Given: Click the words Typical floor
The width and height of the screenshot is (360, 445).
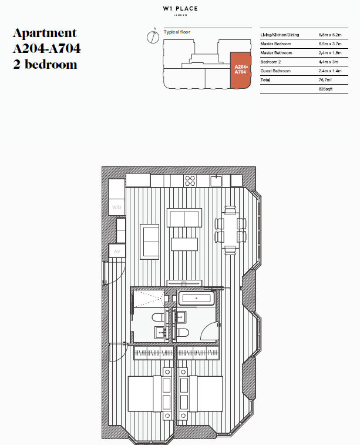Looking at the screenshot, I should (177, 31).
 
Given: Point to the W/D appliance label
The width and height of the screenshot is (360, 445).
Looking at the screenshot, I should (116, 208).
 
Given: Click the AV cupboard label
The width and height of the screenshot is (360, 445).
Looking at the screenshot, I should (116, 251).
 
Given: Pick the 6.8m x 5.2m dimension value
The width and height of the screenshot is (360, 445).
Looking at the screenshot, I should (329, 35).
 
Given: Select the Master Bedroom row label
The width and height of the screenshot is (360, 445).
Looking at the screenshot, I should (275, 44).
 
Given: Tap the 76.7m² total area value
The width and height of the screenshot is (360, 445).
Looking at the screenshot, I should (326, 79).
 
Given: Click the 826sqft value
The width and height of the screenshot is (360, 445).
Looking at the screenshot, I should (325, 88).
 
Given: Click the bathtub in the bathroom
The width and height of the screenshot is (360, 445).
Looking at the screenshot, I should (196, 299).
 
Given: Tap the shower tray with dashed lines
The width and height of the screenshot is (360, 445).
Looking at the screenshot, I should (147, 299).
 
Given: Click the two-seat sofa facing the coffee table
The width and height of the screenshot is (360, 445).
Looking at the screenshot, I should (184, 218).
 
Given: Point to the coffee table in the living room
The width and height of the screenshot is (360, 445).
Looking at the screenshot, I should (184, 243).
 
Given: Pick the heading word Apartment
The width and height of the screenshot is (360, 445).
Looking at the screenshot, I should (45, 34).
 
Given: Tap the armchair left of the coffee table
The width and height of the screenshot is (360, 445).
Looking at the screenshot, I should (149, 241).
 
